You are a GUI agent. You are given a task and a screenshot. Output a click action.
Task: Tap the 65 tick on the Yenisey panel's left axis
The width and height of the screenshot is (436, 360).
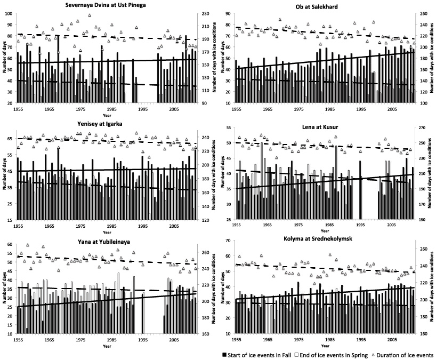(x=12, y=138)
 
